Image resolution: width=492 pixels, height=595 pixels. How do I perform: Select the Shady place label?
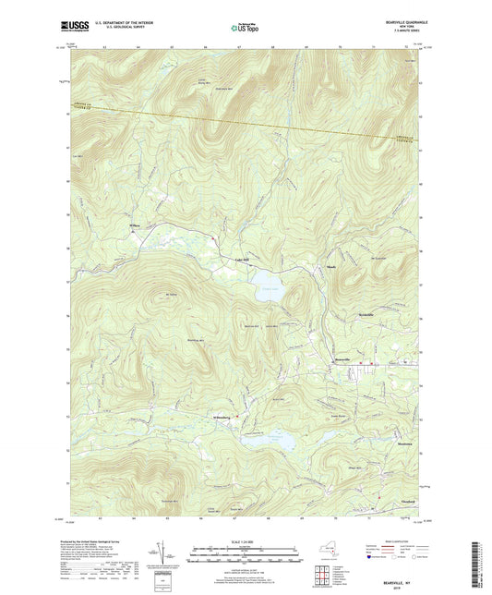click(x=330, y=264)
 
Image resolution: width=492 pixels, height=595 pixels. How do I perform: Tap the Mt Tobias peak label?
click(x=170, y=295)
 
